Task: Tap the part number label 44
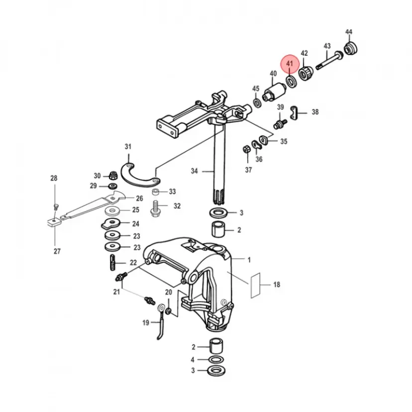pyautogui.click(x=348, y=32)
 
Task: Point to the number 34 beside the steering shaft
pyautogui.click(x=195, y=171)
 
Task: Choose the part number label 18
pyautogui.click(x=277, y=285)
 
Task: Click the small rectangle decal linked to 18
pyautogui.click(x=255, y=285)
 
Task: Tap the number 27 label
pyautogui.click(x=57, y=251)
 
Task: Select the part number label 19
pyautogui.click(x=145, y=322)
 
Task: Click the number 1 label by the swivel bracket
pyautogui.click(x=249, y=259)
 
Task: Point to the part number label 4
pyautogui.click(x=193, y=359)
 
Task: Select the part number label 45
pyautogui.click(x=255, y=89)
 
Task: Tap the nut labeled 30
pyautogui.click(x=113, y=175)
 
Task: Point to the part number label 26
pyautogui.click(x=139, y=198)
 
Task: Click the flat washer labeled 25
pyautogui.click(x=113, y=210)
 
